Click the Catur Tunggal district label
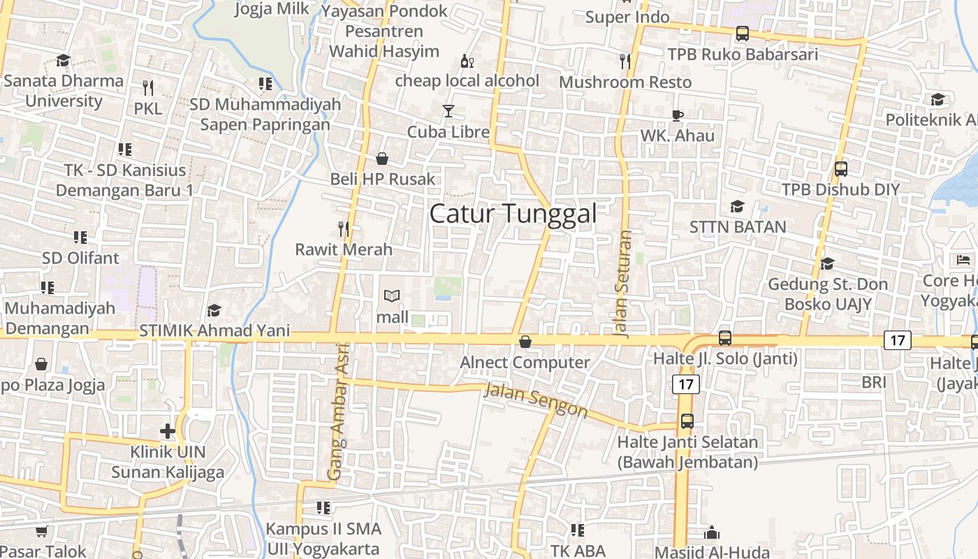point(513,214)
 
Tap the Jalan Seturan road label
point(625,284)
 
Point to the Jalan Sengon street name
point(536,400)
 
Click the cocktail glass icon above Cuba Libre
point(448,111)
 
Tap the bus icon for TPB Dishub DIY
point(841,168)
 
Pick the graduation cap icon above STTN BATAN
point(737,206)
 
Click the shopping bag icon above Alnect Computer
point(525,342)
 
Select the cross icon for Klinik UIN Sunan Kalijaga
point(168,431)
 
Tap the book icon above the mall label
point(392,296)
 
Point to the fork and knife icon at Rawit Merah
point(343,228)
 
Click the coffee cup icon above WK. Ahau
point(677,115)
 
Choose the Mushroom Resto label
point(625,82)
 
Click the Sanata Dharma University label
point(64,90)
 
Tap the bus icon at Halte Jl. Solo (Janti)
point(725,338)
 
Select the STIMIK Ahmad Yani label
point(214,331)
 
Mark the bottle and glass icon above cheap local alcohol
point(467,61)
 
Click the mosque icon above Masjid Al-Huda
point(712,533)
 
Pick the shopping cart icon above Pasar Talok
point(41,532)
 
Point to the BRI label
point(874,382)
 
